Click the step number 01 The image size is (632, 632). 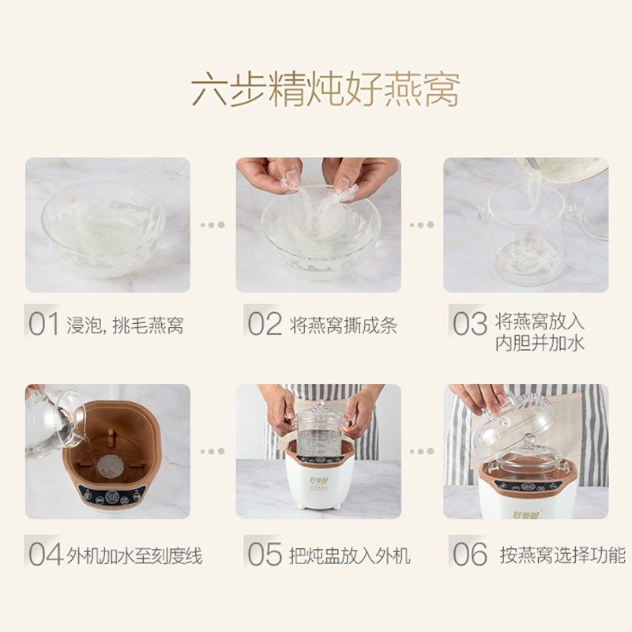(44, 325)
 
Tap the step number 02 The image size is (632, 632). (265, 325)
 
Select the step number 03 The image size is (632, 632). (469, 325)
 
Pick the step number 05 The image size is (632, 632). (265, 555)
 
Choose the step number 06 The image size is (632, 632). (469, 555)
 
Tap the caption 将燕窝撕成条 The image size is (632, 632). (343, 325)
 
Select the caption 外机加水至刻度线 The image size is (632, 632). (134, 555)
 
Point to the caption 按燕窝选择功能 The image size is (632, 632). (562, 555)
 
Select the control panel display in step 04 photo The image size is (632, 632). (111, 498)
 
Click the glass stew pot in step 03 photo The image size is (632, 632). (525, 237)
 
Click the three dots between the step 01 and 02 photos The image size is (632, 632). (212, 224)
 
